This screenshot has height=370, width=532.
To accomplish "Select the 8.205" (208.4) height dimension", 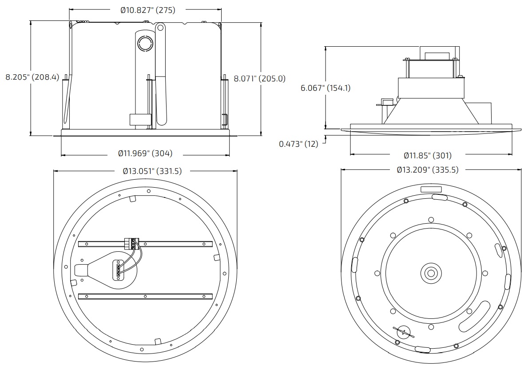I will pos(32,77).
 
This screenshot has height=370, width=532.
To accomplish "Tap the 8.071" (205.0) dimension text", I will pos(259,79).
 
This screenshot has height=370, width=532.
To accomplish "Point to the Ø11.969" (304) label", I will pos(145,153).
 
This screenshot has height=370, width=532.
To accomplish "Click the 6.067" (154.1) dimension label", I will pos(326,88).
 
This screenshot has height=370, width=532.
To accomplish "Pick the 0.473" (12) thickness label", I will pos(298,144).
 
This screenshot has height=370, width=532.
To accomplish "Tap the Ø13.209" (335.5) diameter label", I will pos(427,169).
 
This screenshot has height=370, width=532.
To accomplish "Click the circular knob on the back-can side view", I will pos(145,44).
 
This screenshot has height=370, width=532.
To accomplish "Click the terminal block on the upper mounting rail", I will pos(131,243).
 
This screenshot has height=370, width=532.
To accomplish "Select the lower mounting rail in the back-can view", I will pos(145,296).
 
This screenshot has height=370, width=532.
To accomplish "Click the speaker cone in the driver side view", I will pos(430,111).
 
